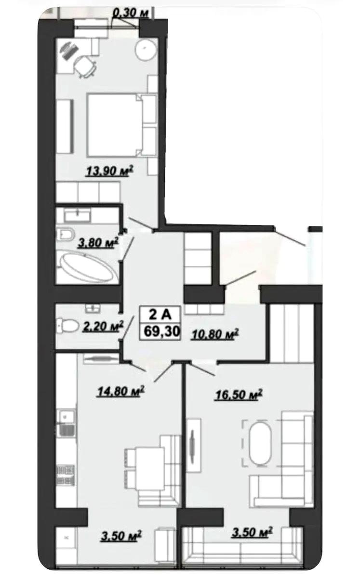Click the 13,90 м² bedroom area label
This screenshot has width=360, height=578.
[110, 171]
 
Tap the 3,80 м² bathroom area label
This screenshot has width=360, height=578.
[98, 243]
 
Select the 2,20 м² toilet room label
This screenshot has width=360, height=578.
[103, 326]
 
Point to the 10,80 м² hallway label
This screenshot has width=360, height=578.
[215, 334]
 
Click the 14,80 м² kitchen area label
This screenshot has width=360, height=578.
[120, 391]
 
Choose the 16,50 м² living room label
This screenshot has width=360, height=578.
[239, 394]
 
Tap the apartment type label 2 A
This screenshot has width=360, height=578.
[160, 315]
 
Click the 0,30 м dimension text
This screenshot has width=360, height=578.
[131, 13]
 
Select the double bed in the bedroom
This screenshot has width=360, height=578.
[122, 125]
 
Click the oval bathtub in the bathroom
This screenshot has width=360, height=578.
[87, 267]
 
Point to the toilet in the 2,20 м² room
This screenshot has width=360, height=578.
[67, 326]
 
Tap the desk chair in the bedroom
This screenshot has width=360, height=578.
[85, 66]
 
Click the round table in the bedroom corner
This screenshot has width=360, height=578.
[146, 50]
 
